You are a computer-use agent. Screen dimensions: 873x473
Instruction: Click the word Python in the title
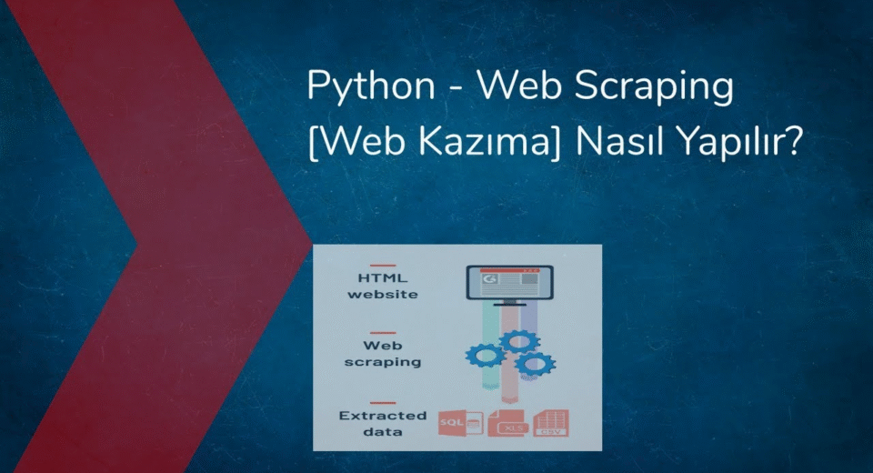tap(371, 87)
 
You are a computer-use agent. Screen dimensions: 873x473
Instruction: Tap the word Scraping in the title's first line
tap(654, 87)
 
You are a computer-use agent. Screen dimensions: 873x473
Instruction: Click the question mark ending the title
tap(793, 141)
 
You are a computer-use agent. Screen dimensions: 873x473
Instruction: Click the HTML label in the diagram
tap(383, 278)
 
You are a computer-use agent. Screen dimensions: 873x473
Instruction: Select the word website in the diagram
tap(383, 294)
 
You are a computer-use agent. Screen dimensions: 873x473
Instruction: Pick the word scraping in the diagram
tap(383, 362)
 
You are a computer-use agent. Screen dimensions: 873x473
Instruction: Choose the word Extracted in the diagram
tap(383, 416)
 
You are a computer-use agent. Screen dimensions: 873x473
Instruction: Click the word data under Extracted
tap(383, 432)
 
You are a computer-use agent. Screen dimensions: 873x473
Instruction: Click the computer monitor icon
tap(509, 284)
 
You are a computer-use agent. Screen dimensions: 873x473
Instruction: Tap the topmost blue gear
tap(518, 340)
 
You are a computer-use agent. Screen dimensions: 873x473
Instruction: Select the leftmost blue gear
tap(486, 356)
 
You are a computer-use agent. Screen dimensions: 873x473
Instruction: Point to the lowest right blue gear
tap(535, 365)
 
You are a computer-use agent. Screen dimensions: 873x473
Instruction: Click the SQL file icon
tap(460, 423)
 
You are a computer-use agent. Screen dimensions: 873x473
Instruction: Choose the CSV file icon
tap(551, 423)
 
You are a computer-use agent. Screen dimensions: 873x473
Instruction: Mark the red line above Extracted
tap(383, 403)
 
